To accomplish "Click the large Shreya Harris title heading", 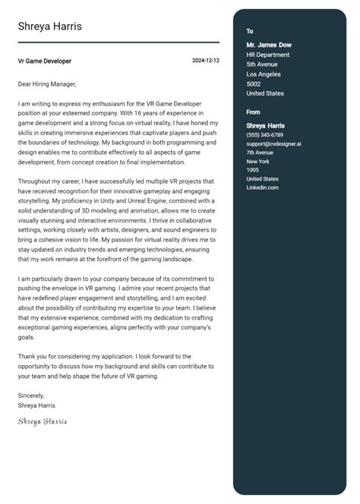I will click(x=50, y=27).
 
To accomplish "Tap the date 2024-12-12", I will click(x=205, y=61).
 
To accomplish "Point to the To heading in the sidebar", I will click(x=250, y=31).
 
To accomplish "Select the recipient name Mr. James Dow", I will click(x=269, y=45).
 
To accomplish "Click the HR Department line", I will click(x=268, y=55).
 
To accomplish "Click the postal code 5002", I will click(x=254, y=84).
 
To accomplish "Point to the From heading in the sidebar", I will click(x=254, y=112).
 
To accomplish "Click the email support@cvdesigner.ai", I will click(x=273, y=143).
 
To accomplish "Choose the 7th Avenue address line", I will click(x=261, y=153).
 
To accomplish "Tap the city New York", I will click(x=257, y=162).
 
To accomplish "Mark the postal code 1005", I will click(x=252, y=170).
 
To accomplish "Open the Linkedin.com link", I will click(x=262, y=187).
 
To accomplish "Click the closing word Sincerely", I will click(x=31, y=395).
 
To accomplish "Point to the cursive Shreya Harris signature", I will click(x=43, y=421).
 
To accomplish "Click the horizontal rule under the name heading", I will click(x=118, y=43).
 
